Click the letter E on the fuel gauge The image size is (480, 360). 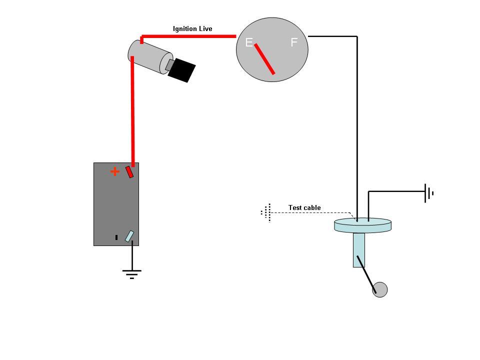click(x=248, y=43)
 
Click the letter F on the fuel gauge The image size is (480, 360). click(x=294, y=43)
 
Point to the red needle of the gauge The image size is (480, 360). click(x=264, y=59)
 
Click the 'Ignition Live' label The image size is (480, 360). click(x=192, y=29)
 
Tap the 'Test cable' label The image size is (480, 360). click(x=304, y=207)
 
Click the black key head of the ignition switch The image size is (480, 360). click(x=182, y=70)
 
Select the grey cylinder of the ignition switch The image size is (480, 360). click(x=148, y=56)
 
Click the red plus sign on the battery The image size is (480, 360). click(x=115, y=172)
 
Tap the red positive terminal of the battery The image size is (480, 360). click(x=129, y=171)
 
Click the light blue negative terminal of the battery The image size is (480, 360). click(x=129, y=236)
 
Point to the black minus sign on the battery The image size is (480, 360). click(x=116, y=237)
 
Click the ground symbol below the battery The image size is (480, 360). click(x=132, y=273)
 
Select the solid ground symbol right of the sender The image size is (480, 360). click(x=428, y=193)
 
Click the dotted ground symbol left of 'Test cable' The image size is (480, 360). click(x=267, y=212)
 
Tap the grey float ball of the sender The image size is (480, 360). click(x=380, y=289)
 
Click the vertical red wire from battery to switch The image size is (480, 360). click(x=133, y=110)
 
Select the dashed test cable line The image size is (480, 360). click(x=310, y=213)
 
